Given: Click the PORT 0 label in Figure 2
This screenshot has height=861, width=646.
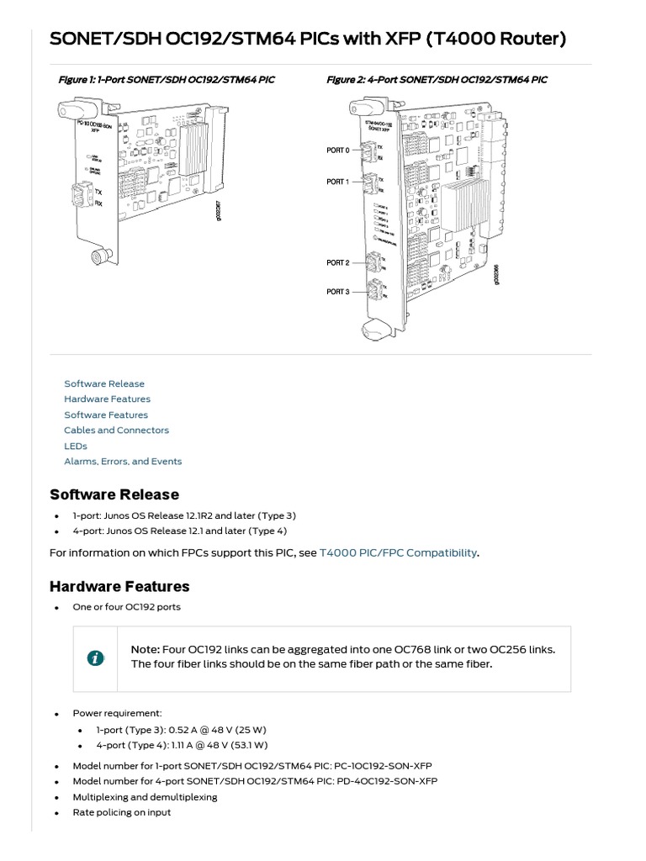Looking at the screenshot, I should [337, 150].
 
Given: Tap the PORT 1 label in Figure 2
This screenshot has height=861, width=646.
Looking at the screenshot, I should [337, 182].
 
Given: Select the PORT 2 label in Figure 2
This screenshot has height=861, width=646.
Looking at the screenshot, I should [337, 263].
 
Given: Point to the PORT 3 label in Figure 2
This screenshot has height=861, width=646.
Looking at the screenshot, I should [337, 292].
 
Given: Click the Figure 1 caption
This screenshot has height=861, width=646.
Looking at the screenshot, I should [166, 80].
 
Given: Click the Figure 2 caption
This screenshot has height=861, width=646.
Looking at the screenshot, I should [437, 80].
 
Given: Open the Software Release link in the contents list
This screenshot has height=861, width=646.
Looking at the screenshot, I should [104, 383].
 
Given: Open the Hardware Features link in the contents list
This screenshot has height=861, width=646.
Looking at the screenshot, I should [107, 399].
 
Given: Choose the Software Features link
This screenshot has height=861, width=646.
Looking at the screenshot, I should [106, 415].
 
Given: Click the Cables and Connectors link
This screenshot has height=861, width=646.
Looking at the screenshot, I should [116, 430].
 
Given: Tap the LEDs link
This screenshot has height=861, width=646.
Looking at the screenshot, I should [76, 446].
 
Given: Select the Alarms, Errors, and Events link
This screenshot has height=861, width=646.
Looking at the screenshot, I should [123, 462].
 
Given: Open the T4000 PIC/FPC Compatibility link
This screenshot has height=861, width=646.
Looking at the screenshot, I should [398, 552].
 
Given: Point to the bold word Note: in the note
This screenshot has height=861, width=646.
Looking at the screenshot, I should [146, 650].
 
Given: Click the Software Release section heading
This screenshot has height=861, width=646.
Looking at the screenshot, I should [114, 494].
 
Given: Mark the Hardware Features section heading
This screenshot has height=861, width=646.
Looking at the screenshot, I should [119, 586].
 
